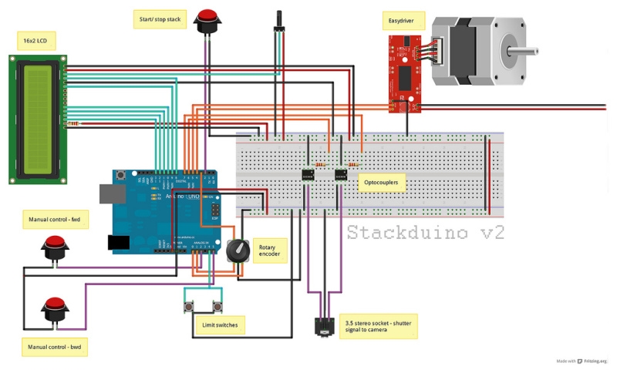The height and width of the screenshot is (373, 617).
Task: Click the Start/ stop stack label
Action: (x=160, y=18)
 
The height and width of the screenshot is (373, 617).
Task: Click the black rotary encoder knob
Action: (x=238, y=251)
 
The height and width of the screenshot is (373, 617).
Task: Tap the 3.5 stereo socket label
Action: (x=378, y=325)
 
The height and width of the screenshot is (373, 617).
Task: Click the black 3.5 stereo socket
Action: (x=325, y=327)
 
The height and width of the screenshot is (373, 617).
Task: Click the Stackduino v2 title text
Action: (x=426, y=232)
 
